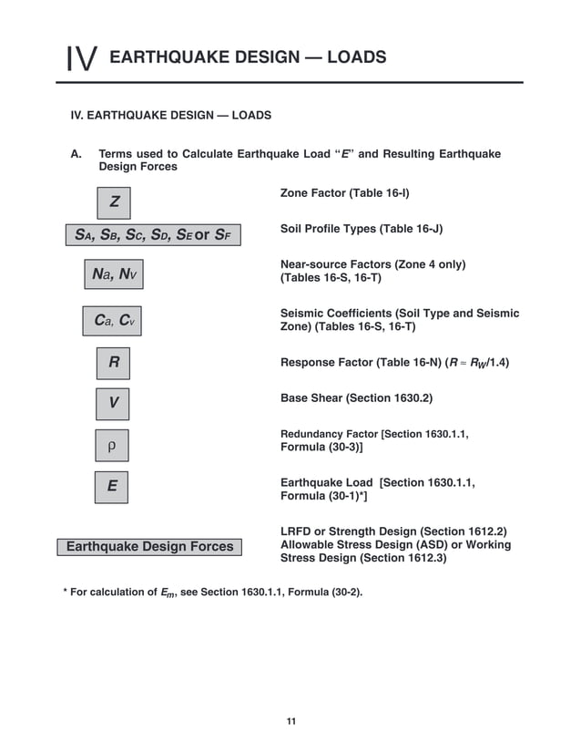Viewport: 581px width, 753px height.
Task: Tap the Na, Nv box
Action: (x=117, y=273)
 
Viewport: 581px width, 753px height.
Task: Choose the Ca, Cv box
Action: (x=117, y=321)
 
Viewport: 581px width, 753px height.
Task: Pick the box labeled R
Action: (x=114, y=363)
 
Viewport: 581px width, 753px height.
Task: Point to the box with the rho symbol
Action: (x=112, y=446)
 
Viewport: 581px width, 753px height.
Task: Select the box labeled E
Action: (x=112, y=487)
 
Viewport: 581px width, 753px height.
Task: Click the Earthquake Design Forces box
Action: (x=150, y=546)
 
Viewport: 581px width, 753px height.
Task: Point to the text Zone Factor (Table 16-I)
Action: (x=343, y=194)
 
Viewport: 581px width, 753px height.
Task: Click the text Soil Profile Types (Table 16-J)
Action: (x=362, y=229)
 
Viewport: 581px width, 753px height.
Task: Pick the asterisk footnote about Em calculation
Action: (x=212, y=593)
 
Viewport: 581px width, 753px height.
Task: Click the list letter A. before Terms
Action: (x=76, y=154)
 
